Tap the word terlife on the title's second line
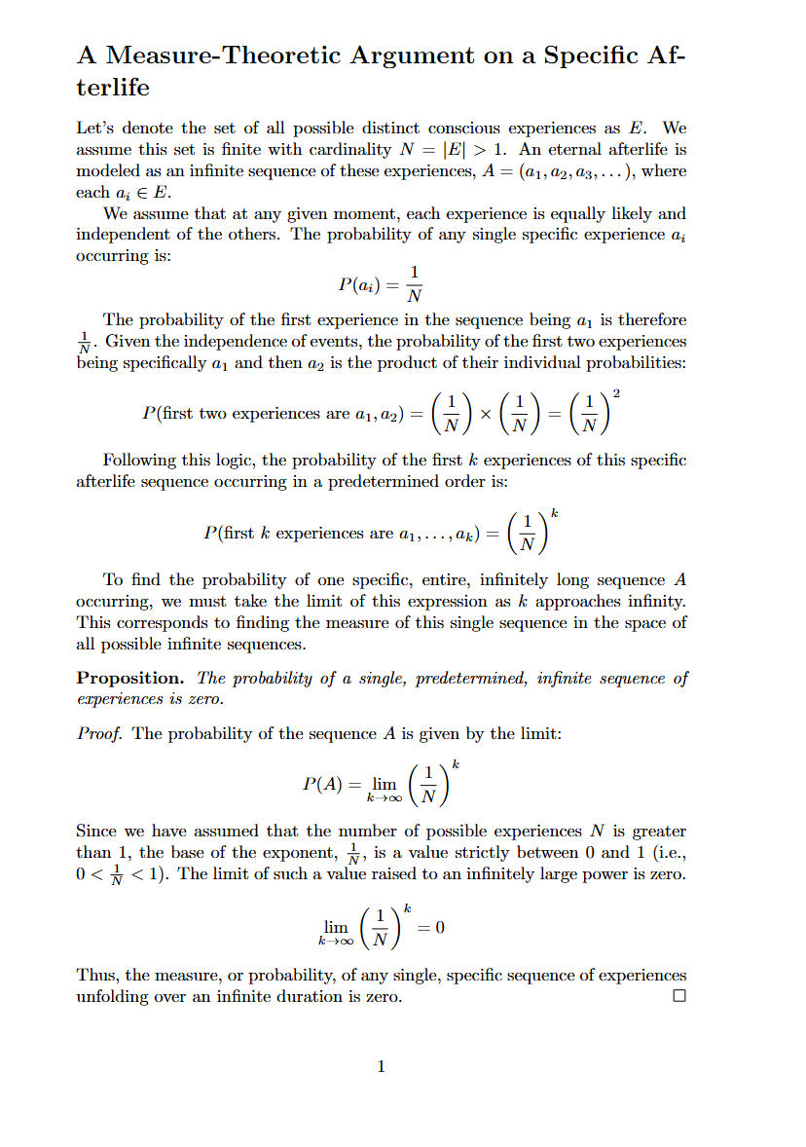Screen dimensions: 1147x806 pos(113,88)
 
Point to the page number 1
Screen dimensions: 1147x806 pos(381,1066)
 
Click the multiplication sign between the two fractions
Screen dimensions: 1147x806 pos(486,414)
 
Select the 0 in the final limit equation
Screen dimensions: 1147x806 pos(440,927)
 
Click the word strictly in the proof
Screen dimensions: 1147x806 pos(531,852)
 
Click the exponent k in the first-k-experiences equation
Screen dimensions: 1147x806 pos(553,512)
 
